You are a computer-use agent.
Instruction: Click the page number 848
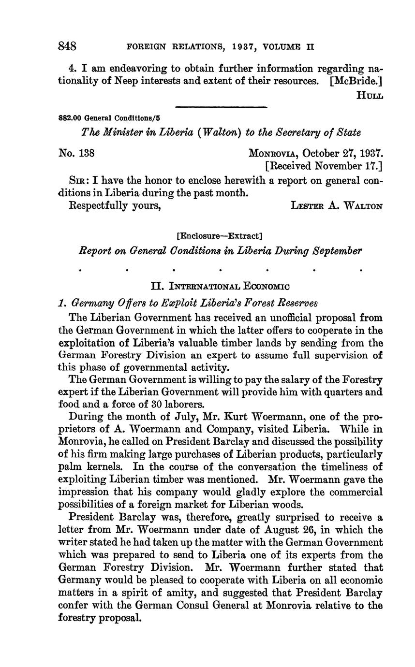[67, 46]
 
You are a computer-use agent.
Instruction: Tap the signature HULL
[370, 95]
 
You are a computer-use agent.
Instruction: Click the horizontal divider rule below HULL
[221, 107]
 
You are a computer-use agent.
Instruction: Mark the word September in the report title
[337, 251]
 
